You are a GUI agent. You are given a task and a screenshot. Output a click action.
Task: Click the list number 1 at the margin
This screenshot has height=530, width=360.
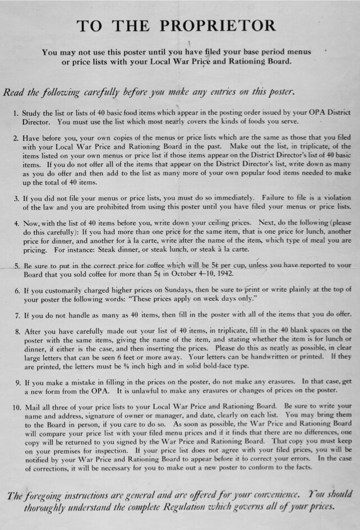coord(16,113)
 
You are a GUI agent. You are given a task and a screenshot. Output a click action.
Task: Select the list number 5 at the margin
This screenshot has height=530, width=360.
coord(16,266)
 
